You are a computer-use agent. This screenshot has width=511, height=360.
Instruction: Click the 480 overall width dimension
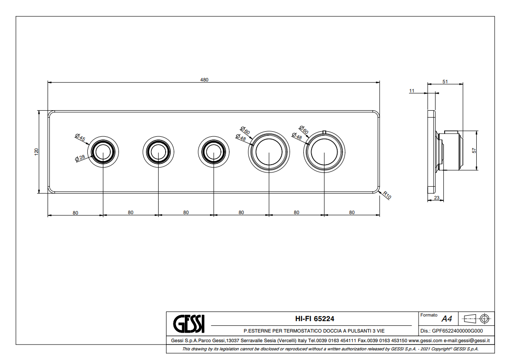[x=204, y=80]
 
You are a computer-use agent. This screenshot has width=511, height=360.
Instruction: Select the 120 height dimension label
[x=37, y=152]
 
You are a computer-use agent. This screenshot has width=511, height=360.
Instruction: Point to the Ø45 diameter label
[x=81, y=137]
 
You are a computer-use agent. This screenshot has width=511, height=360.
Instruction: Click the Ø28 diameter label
[x=81, y=158]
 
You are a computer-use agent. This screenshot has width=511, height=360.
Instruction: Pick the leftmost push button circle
[x=103, y=152]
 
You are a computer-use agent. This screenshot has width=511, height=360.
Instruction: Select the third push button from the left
[x=213, y=152]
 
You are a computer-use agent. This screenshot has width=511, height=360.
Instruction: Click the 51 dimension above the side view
[x=445, y=81]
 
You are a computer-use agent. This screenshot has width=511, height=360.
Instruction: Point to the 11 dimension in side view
[x=412, y=91]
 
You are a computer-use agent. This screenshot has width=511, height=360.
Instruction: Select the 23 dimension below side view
[x=436, y=198]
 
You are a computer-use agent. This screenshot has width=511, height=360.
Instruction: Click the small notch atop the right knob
[x=324, y=133]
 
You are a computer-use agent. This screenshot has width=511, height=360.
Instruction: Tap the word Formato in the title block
[x=429, y=315]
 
